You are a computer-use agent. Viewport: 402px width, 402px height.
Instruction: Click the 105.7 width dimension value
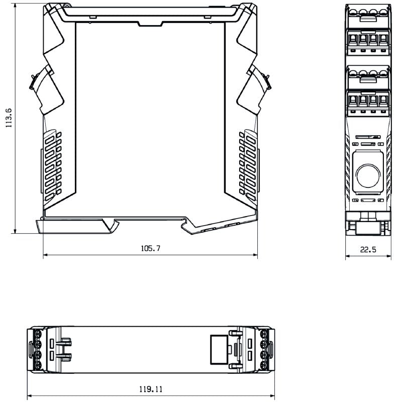tap(150, 248)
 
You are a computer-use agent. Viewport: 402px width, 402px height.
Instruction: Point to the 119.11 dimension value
tap(151, 389)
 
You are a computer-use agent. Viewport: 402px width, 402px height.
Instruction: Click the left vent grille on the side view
tap(52, 162)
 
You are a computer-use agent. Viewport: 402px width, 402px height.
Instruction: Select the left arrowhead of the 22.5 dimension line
tap(347, 257)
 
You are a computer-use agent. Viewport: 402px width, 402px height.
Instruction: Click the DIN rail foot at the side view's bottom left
tap(75, 226)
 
